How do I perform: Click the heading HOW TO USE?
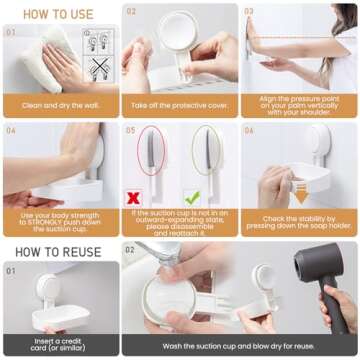[x=59, y=14]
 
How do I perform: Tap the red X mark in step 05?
[x=134, y=197]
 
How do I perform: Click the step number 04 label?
[x=12, y=130]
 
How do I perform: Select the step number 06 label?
[x=249, y=130]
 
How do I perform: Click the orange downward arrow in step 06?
[x=300, y=196]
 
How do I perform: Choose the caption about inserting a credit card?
[x=59, y=345]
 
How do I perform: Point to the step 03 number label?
[x=249, y=12]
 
